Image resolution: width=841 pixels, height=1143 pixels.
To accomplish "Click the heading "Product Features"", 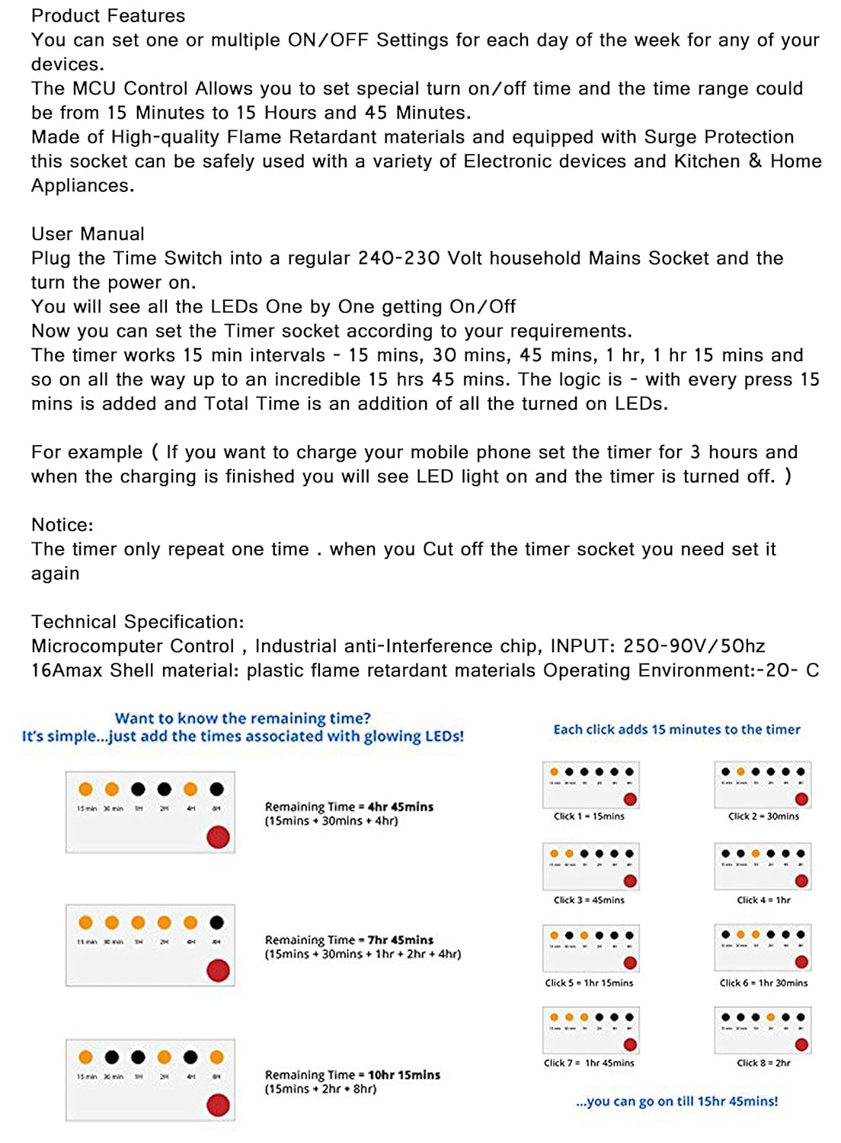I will (x=108, y=16).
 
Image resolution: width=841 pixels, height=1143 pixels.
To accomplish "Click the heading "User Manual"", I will (x=88, y=234).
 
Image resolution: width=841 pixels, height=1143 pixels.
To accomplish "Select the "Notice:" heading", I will (x=62, y=525).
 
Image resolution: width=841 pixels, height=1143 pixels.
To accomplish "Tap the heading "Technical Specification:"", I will (x=138, y=622).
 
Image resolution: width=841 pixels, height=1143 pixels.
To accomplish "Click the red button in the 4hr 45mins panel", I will (x=218, y=837).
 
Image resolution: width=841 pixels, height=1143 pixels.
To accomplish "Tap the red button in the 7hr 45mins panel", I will (x=218, y=971).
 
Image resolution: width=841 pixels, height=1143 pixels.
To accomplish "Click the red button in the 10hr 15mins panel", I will (x=218, y=1105).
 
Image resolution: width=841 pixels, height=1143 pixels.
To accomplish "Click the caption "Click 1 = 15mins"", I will (x=589, y=816).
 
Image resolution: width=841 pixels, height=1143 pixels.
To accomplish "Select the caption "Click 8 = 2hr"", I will (x=763, y=1063).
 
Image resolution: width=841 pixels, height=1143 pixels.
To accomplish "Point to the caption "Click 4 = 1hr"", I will (x=763, y=900).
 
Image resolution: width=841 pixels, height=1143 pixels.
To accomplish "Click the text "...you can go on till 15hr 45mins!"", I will (x=677, y=1101).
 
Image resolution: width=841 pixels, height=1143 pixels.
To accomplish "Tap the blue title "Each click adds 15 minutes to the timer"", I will (x=676, y=729).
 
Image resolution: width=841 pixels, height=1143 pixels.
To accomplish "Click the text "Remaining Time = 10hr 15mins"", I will (x=352, y=1074).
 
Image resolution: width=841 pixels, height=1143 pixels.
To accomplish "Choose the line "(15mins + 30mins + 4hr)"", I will (x=331, y=821).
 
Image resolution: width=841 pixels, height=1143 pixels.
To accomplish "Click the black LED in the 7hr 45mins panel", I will (x=217, y=923).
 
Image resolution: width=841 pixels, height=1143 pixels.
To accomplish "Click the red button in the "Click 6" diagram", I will (x=801, y=962).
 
